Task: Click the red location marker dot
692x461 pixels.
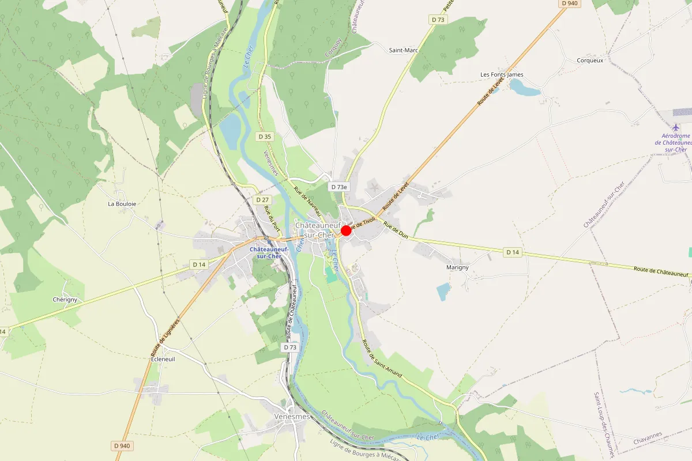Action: click(346, 231)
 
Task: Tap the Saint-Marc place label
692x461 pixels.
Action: click(403, 50)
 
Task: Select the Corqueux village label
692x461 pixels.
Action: click(590, 60)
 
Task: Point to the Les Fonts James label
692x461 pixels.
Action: click(502, 75)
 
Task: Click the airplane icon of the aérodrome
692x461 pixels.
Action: click(676, 127)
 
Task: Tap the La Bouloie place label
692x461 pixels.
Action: click(121, 203)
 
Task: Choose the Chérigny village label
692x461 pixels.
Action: click(65, 300)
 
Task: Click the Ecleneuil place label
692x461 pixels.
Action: click(163, 358)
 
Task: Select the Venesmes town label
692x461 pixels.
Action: click(292, 417)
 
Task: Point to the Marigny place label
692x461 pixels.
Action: click(458, 267)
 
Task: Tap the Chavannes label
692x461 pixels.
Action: click(646, 442)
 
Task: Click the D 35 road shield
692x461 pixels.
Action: click(264, 137)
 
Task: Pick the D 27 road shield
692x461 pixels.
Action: click(262, 200)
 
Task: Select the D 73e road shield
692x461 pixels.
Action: click(339, 187)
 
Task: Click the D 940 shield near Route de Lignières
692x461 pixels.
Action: click(123, 445)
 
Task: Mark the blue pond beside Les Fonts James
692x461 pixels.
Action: click(524, 88)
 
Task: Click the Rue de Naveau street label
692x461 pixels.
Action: click(307, 202)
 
